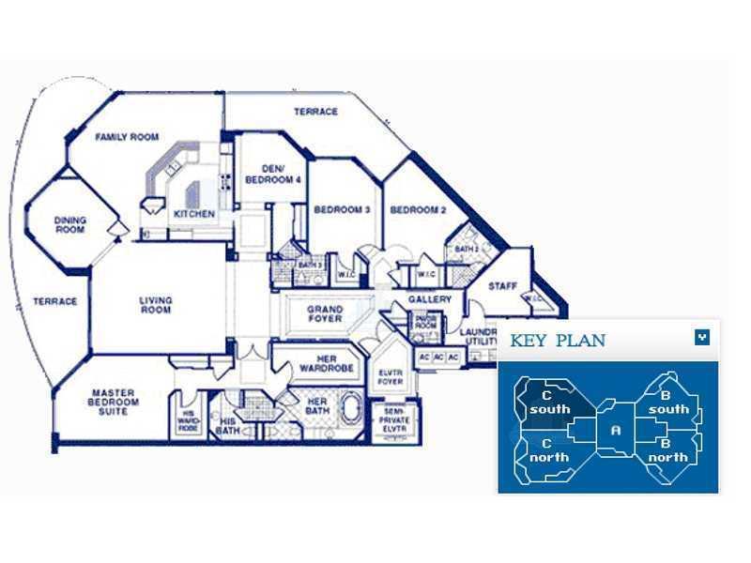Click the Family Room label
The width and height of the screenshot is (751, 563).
click(127, 137)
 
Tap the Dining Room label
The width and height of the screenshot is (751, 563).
click(70, 225)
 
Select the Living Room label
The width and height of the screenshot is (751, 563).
click(156, 306)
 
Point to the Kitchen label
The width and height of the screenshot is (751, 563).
click(194, 214)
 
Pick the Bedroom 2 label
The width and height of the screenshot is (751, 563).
click(418, 210)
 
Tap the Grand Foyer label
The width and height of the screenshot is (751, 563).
click(325, 314)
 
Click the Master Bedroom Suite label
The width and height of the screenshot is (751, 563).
click(115, 403)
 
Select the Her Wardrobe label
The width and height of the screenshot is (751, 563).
click(325, 364)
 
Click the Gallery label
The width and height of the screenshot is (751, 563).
click(430, 300)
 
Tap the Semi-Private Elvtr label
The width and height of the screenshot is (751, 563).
click(393, 418)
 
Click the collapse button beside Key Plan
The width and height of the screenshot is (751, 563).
click(701, 338)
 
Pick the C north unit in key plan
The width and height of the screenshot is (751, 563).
click(549, 450)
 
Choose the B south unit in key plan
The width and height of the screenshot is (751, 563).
click(667, 403)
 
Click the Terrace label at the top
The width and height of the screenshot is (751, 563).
click(315, 112)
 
